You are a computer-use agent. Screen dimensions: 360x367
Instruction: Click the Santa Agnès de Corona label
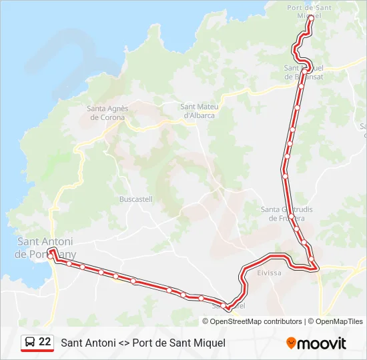click(107, 113)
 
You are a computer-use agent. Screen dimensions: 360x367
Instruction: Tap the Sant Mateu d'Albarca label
click(199, 111)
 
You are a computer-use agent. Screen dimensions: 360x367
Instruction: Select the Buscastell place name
click(135, 199)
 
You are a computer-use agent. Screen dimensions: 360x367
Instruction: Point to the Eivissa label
click(269, 273)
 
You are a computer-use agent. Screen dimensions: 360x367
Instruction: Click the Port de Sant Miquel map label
click(309, 11)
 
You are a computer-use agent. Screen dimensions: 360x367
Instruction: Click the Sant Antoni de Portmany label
click(45, 248)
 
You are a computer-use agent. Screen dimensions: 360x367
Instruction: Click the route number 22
click(45, 342)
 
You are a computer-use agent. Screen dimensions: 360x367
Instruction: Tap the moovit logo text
click(322, 344)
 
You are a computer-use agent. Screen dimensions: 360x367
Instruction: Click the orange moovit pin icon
click(291, 343)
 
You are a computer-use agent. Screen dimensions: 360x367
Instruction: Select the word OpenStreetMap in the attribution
click(236, 321)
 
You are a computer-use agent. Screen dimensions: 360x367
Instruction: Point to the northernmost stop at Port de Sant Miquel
click(310, 18)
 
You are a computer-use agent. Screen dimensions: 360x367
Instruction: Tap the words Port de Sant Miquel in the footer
click(179, 343)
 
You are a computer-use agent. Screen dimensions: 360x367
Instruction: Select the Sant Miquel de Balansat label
click(304, 72)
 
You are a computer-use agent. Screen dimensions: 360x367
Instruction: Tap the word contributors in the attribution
click(283, 321)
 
